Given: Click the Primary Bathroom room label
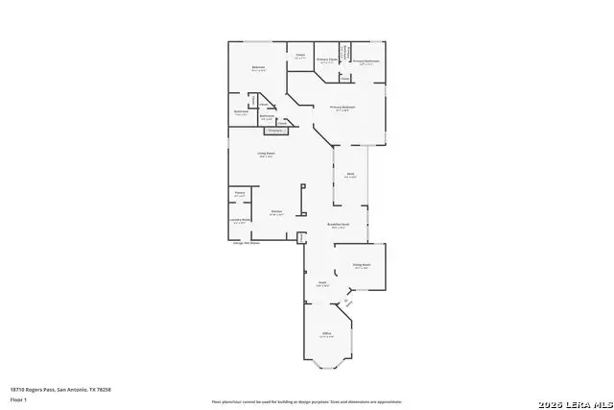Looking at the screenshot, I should [x=366, y=60].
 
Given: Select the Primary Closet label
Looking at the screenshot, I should [x=327, y=60].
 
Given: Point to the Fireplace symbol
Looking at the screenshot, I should [x=275, y=129].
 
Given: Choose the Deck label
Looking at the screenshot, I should [x=351, y=174].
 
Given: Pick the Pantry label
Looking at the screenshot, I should [x=239, y=193].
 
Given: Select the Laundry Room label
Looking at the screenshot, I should [x=240, y=221].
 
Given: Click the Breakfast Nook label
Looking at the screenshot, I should [x=338, y=227].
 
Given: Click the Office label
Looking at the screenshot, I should [x=326, y=334].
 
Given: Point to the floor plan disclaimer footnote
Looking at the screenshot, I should [x=307, y=401].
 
